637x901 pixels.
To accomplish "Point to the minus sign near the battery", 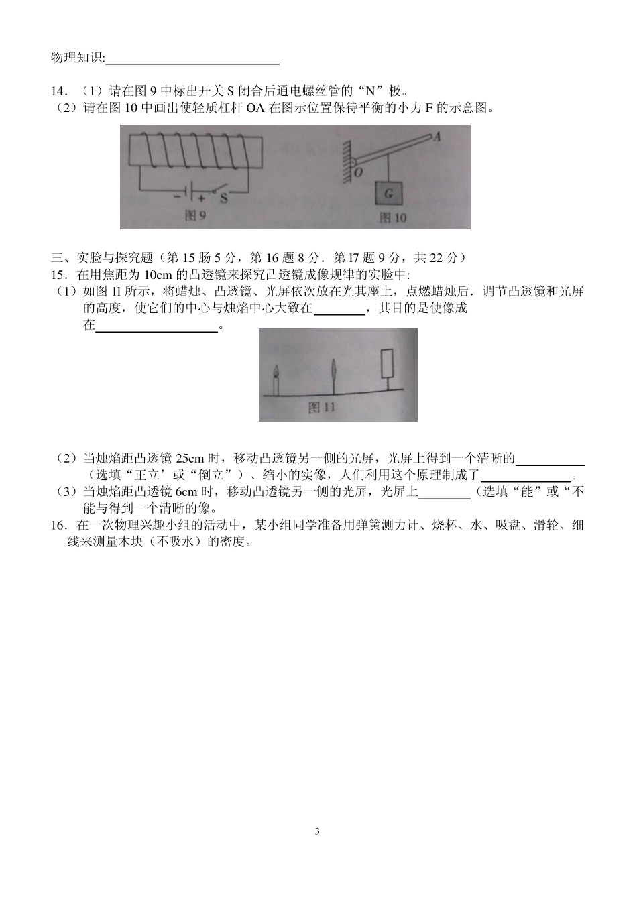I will (x=177, y=196).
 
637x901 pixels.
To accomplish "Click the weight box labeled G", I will (x=389, y=194).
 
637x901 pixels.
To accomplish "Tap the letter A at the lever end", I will (x=437, y=137).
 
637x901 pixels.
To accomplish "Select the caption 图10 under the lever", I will (x=393, y=217).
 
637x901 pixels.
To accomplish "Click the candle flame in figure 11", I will (x=276, y=371).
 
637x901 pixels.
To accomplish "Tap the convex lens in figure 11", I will (x=333, y=371).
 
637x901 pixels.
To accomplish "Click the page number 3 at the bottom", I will (x=317, y=832).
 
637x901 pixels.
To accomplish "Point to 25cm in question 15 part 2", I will (x=189, y=459).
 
